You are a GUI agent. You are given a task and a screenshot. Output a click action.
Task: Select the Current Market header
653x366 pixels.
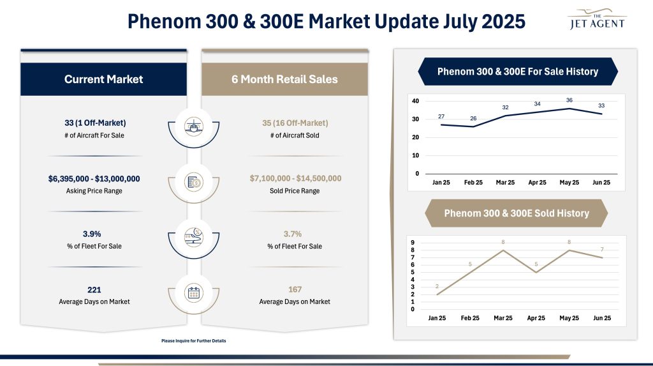pyautogui.click(x=103, y=79)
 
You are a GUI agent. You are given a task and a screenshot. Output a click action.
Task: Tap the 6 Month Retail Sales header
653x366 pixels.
pyautogui.click(x=284, y=79)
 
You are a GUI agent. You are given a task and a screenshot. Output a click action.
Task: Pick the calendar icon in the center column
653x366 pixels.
pyautogui.click(x=193, y=293)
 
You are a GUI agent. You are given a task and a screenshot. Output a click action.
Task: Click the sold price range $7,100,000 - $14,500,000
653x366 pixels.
pyautogui.click(x=295, y=178)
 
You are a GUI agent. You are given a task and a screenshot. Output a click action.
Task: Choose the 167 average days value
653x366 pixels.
pyautogui.click(x=295, y=289)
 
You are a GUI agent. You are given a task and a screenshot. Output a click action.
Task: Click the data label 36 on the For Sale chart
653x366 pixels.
pyautogui.click(x=569, y=100)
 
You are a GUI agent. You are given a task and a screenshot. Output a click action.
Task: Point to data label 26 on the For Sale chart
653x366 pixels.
pyautogui.click(x=473, y=118)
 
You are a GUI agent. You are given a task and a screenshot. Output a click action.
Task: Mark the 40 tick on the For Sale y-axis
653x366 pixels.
pyautogui.click(x=415, y=102)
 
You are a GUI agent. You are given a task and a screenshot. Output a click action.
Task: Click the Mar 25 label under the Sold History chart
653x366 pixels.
pyautogui.click(x=504, y=318)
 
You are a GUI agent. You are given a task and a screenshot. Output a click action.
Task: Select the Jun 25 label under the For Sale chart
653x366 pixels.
pyautogui.click(x=601, y=183)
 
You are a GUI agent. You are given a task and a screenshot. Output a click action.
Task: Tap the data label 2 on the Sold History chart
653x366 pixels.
pyautogui.click(x=437, y=286)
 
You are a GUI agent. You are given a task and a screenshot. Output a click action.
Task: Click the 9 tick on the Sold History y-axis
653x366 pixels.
pyautogui.click(x=413, y=243)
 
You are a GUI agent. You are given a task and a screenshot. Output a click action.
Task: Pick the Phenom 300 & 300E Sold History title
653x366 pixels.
pyautogui.click(x=517, y=213)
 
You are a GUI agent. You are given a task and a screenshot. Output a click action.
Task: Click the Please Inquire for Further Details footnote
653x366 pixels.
pyautogui.click(x=194, y=341)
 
